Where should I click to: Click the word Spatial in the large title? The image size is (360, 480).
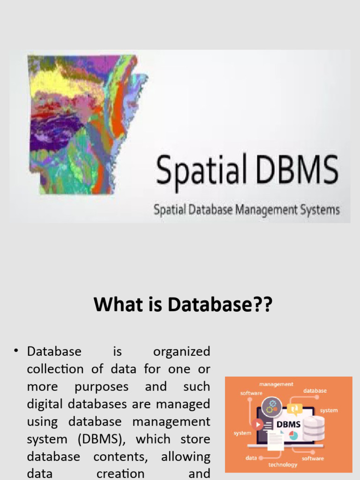[x=200, y=172]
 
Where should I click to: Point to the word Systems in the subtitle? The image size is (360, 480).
[x=319, y=210]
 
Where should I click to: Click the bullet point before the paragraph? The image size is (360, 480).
[x=16, y=351]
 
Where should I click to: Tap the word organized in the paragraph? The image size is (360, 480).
[x=181, y=352]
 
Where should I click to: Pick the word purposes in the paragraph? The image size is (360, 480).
[x=101, y=387]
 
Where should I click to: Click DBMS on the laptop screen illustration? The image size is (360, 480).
[x=289, y=424]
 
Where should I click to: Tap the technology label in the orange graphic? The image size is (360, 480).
[x=283, y=465]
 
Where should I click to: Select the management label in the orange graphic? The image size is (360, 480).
[x=276, y=384]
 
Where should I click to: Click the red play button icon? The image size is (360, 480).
[x=257, y=424]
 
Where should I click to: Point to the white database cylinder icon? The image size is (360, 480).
[x=313, y=427]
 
